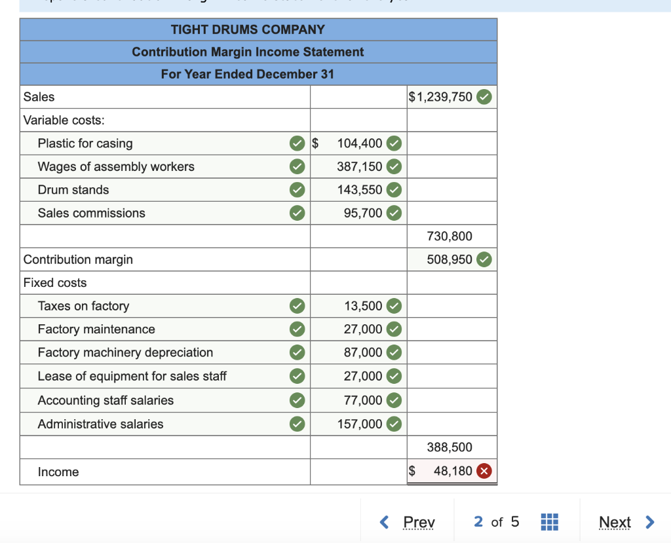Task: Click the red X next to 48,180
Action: (484, 471)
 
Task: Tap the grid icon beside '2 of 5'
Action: (549, 522)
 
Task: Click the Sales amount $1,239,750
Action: (440, 97)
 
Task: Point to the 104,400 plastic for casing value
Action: (359, 143)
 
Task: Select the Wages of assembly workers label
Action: (116, 166)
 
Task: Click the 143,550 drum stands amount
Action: (359, 190)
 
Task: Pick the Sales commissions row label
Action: (92, 213)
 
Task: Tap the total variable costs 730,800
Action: (450, 236)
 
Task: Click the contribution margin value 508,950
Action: (450, 259)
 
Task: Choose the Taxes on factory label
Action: (83, 306)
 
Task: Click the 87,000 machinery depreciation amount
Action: (363, 352)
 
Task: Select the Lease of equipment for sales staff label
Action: (132, 376)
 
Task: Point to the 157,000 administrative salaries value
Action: (360, 424)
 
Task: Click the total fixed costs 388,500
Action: (450, 447)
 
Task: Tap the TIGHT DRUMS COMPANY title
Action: (248, 29)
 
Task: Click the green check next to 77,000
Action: (394, 400)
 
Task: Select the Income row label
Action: (58, 472)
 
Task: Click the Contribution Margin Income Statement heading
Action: (248, 52)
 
